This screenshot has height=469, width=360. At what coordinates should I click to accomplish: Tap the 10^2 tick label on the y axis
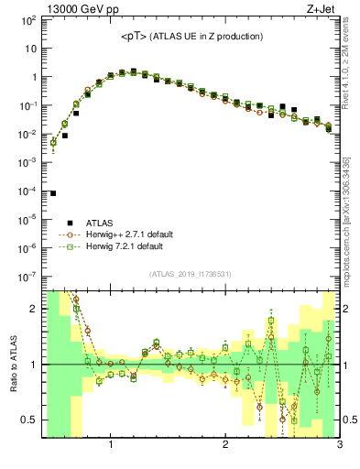click(28, 20)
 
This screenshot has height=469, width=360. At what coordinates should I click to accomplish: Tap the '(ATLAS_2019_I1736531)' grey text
click(191, 274)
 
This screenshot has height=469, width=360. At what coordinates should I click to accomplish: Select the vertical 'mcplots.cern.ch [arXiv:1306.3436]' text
click(353, 220)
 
